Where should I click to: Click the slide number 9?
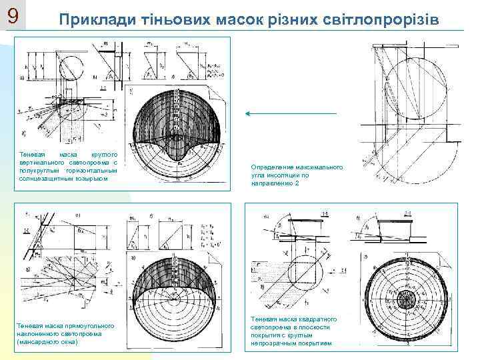tap(13, 15)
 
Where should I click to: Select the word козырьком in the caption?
tap(90, 179)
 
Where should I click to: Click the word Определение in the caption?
tap(270, 167)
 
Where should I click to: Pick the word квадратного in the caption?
tap(317, 320)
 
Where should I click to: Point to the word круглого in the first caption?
tap(103, 153)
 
